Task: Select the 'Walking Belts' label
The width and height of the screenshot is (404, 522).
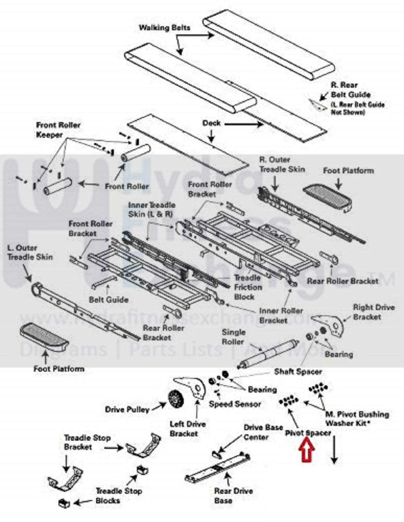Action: coord(164,28)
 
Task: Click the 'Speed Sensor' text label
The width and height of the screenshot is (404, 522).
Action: coord(235,404)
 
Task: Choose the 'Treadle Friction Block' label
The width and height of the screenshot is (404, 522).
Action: coord(247,287)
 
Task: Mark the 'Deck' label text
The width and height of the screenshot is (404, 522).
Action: coord(212,122)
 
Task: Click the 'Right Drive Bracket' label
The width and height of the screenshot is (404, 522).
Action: coord(373,312)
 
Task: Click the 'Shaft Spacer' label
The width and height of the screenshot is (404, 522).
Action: coord(298,371)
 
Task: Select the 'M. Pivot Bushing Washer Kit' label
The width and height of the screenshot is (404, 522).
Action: coord(357,419)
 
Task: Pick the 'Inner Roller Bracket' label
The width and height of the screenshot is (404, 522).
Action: coord(281,316)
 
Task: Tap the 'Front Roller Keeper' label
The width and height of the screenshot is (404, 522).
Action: coord(58,130)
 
